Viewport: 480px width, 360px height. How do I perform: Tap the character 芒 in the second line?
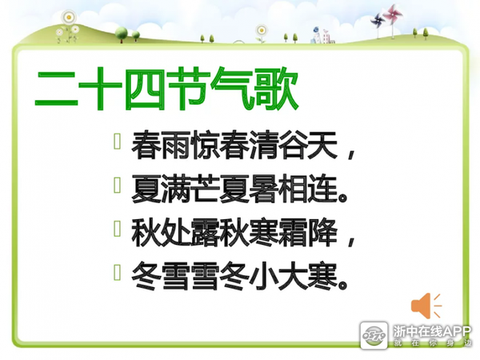pos(205,189)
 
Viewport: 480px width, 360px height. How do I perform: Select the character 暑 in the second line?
pos(263,189)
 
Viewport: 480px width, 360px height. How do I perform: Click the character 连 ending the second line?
pos(322,189)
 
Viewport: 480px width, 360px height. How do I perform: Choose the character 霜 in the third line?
pos(293,233)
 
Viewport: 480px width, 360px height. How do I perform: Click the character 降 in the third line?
pos(322,233)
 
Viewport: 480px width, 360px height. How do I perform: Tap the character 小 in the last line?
pos(263,276)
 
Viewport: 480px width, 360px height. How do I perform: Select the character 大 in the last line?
pos(293,276)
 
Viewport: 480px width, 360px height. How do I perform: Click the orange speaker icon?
pos(426,306)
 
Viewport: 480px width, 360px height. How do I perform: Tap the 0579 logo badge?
pos(374,335)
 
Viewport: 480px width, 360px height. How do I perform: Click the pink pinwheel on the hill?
pos(393,14)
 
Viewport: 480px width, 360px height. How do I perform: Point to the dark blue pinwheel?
pos(378,21)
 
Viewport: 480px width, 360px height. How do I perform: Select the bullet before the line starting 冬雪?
pos(117,273)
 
